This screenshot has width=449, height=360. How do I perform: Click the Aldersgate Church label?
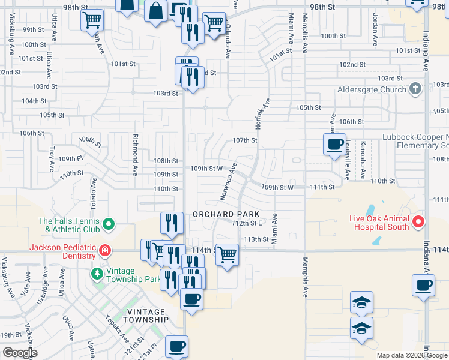pos(372,90)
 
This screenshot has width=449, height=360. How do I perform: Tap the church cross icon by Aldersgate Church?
pos(414,90)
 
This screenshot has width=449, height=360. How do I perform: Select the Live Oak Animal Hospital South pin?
pos(419,222)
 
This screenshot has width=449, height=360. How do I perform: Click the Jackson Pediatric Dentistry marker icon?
pos(104,249)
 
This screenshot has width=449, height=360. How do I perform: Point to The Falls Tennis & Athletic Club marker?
pos(109,225)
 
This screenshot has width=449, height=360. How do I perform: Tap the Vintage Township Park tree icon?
pos(97,274)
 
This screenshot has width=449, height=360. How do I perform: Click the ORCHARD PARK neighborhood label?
pos(226,214)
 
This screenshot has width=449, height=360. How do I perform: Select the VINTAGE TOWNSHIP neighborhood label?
pos(145,316)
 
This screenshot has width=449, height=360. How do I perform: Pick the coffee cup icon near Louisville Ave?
pos(334,144)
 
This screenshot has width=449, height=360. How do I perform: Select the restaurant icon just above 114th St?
pos(172,223)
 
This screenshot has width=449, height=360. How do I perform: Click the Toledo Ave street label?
pos(94,191)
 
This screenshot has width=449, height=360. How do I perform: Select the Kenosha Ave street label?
pos(363,160)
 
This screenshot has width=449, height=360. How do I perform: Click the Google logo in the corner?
pos(20,353)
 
